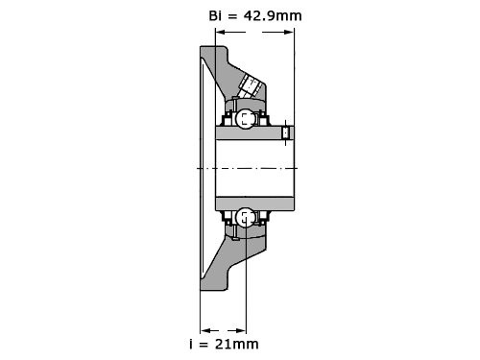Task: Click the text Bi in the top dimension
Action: coord(215,15)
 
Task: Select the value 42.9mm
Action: coord(273,15)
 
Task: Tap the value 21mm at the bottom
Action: coord(237,344)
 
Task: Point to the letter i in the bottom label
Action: coord(191,344)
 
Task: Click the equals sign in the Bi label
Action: coord(232,16)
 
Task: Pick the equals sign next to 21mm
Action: coord(204,345)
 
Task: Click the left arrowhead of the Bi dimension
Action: coord(221,32)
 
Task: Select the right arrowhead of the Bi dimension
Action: coord(288,32)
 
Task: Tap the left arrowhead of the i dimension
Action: coord(205,330)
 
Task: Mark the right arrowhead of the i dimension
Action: coord(241,330)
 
